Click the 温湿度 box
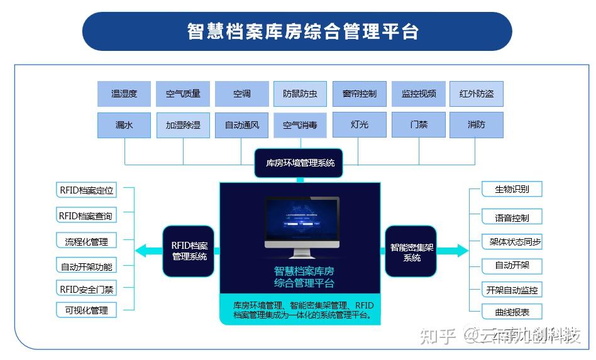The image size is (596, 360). [x=124, y=94]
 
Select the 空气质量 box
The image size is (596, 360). [x=183, y=94]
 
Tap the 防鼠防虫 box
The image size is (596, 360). [x=301, y=94]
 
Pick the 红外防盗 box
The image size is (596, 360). [x=476, y=94]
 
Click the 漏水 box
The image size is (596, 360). [x=124, y=125]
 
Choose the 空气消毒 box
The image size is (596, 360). [x=301, y=125]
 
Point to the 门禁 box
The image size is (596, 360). [x=418, y=125]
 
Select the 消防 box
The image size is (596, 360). [x=476, y=125]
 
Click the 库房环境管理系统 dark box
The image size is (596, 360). [x=301, y=163]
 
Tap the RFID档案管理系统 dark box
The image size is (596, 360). [x=189, y=251]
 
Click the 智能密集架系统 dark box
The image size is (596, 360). [x=411, y=251]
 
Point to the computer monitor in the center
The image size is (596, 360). [x=302, y=226]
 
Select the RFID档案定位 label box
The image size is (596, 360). [x=87, y=190]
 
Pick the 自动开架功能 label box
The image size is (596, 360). [x=87, y=266]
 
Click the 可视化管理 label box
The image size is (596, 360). [x=87, y=310]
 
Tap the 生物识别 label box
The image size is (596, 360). [x=512, y=189]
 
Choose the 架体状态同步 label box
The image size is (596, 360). [x=512, y=242]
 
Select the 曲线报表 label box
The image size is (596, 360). [x=512, y=312]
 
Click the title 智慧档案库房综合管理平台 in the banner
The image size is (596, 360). [x=297, y=31]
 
